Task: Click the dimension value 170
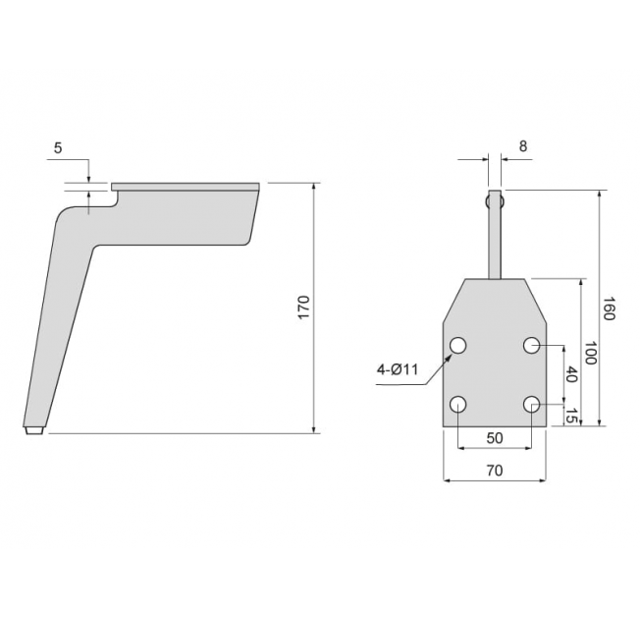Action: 304,308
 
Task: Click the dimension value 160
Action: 609,308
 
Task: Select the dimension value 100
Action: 591,353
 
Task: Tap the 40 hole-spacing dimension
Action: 572,374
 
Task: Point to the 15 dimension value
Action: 572,416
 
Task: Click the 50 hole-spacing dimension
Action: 495,438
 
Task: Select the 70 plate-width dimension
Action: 495,471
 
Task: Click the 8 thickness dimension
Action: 523,145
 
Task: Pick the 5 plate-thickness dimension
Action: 58,148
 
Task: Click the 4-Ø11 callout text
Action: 398,369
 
